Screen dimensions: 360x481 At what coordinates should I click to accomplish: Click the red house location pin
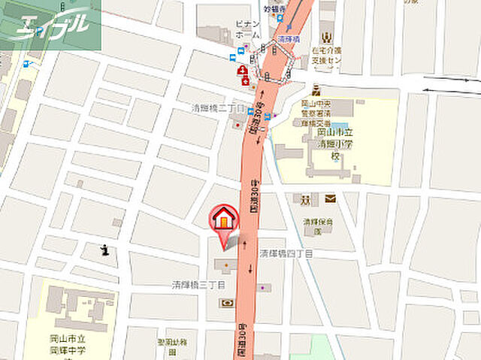223,219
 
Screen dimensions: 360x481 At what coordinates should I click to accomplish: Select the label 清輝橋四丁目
286,254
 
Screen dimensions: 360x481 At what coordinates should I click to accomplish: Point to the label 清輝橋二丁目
218,108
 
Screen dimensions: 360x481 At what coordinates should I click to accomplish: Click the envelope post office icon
331,199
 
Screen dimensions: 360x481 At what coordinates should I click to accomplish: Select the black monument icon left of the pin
106,250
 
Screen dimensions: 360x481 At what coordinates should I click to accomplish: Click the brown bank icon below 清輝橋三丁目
225,302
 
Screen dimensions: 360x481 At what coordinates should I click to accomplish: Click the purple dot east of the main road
262,287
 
